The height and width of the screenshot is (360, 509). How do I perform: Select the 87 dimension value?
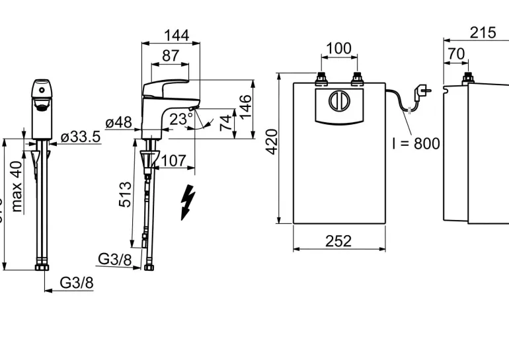pos(171,55)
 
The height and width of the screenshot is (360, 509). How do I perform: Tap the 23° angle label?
pos(180,119)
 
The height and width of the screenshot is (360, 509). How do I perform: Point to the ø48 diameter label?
pos(119,123)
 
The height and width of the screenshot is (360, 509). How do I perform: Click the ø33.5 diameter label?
pos(80,137)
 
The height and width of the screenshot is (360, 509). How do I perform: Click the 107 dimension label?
pos(174,160)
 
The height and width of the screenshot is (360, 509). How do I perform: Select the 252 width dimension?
pos(338,241)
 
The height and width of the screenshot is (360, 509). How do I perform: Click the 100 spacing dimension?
pos(339,49)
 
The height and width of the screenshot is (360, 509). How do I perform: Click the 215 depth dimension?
pos(483,33)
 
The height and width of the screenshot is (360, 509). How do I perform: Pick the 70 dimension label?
pos(455,54)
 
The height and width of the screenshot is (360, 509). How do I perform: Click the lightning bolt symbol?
pos(188,201)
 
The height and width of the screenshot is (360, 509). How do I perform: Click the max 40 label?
pos(17,188)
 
